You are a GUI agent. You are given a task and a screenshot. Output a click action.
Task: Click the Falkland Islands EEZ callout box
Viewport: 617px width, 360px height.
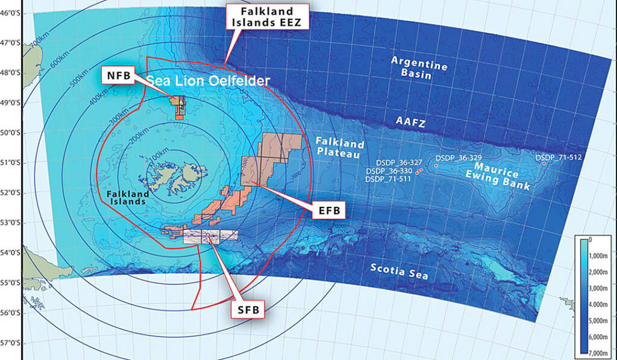(267, 17)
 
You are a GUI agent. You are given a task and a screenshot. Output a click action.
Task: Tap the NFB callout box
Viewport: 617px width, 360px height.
(118, 75)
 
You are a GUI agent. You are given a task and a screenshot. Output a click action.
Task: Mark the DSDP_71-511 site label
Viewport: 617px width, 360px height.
(388, 179)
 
